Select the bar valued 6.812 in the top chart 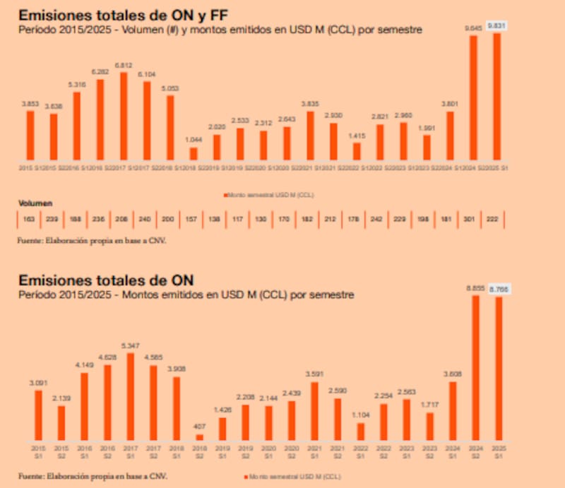[x=124, y=116]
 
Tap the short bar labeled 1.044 [x=194, y=153]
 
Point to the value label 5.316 [x=76, y=85]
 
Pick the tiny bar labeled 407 [x=200, y=437]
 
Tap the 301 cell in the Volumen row [x=470, y=220]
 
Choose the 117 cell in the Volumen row [x=237, y=220]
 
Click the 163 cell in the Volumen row [x=29, y=220]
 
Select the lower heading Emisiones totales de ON [x=106, y=280]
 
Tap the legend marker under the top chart [x=225, y=194]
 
